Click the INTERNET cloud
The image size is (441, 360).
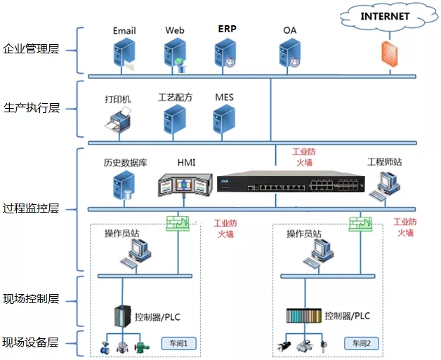[384, 15]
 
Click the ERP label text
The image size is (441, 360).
[227, 30]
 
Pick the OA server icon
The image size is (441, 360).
[289, 54]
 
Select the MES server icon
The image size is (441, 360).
[224, 121]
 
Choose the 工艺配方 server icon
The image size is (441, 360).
[175, 121]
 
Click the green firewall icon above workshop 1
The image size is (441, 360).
[178, 222]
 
